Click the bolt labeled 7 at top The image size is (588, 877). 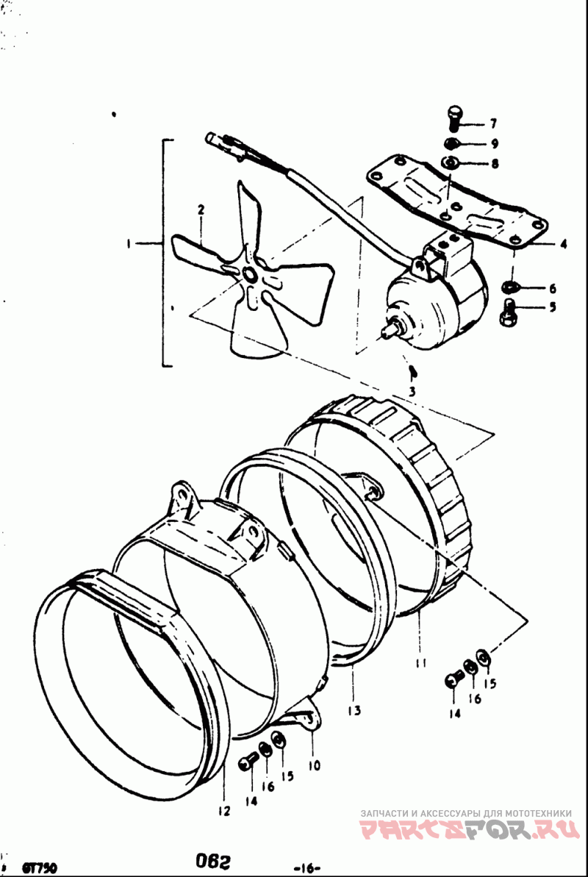[x=453, y=117]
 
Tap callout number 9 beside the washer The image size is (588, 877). [x=495, y=143]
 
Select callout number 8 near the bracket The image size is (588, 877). [x=495, y=164]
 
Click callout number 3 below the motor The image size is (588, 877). [x=412, y=392]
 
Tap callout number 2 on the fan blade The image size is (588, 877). [x=199, y=210]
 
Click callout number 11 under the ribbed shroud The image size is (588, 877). [x=420, y=663]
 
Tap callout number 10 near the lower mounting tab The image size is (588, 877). [x=314, y=765]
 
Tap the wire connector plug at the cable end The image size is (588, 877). [x=220, y=137]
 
